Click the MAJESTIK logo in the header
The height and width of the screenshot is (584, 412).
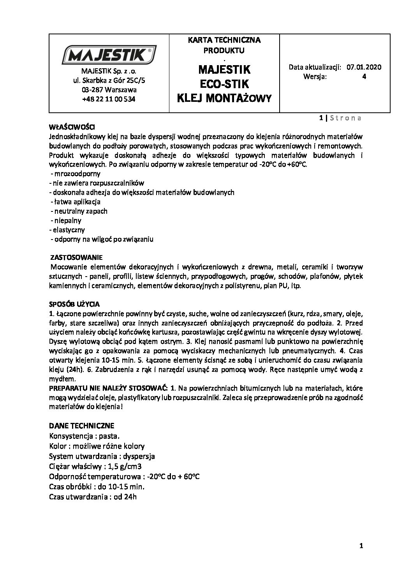[109, 55]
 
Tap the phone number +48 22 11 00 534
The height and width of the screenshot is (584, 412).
[109, 99]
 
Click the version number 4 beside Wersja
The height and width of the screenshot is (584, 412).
[364, 76]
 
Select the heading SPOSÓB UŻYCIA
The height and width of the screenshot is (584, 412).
[74, 304]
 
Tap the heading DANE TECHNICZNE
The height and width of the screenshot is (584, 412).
[82, 425]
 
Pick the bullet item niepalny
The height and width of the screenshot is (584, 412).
[67, 220]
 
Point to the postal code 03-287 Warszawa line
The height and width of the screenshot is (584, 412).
[109, 90]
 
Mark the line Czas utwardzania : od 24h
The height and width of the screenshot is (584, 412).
[93, 497]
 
